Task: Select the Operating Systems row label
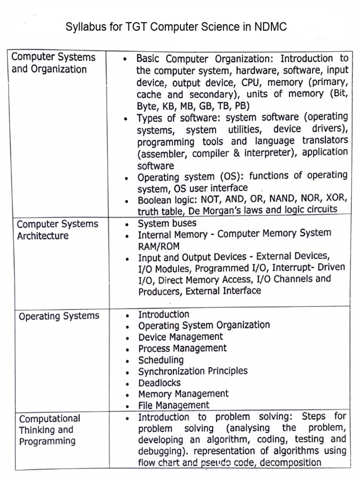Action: coord(59,316)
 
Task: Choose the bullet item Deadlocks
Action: coord(159,382)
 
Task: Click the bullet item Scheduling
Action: coord(161,360)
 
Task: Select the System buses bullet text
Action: coord(167,223)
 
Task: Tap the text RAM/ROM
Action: coord(158,246)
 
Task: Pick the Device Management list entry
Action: coord(180,337)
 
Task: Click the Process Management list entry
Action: coord(182,348)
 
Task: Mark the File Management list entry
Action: coord(174,405)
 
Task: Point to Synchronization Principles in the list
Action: coord(193,371)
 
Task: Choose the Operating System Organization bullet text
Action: coord(204,325)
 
